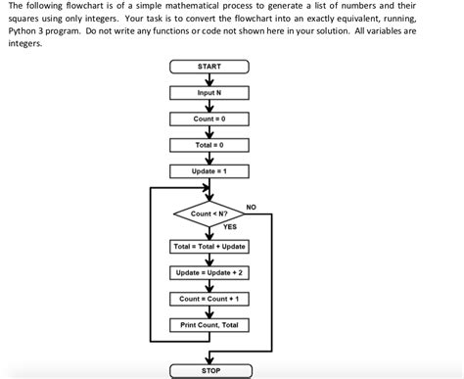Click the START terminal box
209,67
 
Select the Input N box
209,93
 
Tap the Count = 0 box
209,118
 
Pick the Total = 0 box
209,145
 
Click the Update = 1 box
209,171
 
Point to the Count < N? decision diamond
209,213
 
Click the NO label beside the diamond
251,207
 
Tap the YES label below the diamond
229,227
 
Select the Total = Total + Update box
209,246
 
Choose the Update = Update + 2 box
209,272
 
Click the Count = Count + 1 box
209,299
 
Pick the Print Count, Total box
209,324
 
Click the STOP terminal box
209,371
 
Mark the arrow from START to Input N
209,80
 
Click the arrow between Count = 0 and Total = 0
209,132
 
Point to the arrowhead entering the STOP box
209,359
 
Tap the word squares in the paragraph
23,19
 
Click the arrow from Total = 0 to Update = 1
209,159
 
